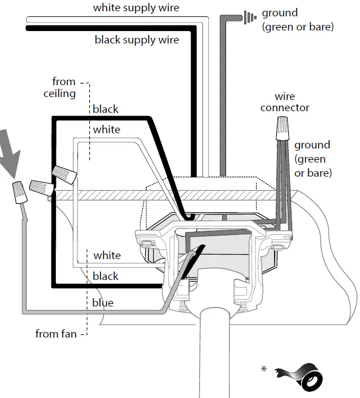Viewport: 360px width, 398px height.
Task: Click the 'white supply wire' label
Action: pos(136,8)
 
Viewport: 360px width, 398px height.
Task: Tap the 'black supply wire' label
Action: pos(136,40)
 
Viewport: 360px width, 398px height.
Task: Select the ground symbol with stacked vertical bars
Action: pos(249,17)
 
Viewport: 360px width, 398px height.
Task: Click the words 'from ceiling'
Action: pos(59,88)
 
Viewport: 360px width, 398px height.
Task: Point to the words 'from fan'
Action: pos(55,334)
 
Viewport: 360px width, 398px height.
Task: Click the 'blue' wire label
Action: pos(102,303)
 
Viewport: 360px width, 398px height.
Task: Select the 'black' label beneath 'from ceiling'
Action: pos(106,109)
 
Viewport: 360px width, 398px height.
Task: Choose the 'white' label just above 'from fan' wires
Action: pos(107,255)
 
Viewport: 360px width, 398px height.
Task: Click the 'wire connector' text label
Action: pos(285,102)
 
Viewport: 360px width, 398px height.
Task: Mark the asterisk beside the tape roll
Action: pos(264,369)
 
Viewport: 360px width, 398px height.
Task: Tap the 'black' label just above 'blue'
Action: pos(106,276)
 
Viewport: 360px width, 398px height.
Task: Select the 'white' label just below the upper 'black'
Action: pos(107,129)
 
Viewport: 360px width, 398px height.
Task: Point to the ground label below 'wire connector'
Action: pos(313,159)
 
